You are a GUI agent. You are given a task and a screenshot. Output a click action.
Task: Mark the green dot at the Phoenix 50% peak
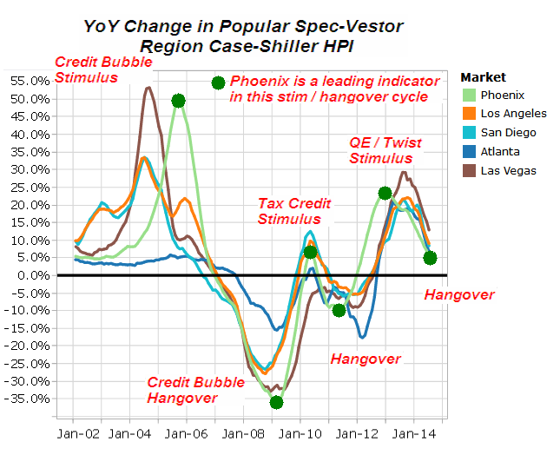pos(178,101)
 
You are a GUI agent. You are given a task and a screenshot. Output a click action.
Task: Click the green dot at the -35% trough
pos(276,402)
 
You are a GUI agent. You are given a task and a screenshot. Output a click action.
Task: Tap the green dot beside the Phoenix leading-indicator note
pos(218,82)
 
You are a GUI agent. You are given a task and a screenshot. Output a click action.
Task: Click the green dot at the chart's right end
pos(430,258)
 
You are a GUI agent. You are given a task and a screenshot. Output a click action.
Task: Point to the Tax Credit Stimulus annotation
pos(295,211)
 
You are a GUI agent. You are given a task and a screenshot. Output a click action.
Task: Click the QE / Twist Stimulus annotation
pos(381,150)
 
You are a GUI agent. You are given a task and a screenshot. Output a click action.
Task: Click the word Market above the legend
pos(483,77)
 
